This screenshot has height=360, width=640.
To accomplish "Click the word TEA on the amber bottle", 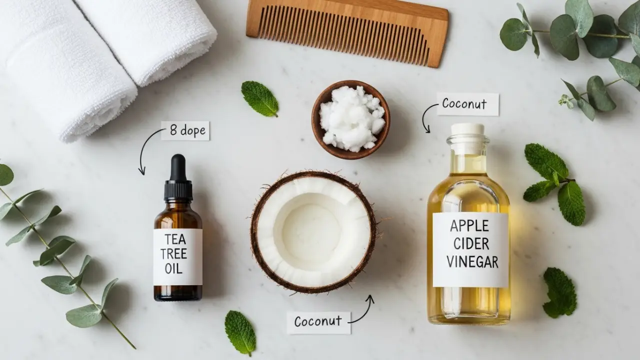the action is pyautogui.click(x=175, y=239).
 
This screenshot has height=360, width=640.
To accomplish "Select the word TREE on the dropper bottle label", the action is pyautogui.click(x=173, y=253).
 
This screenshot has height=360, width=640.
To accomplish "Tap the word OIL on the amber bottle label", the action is pyautogui.click(x=173, y=268).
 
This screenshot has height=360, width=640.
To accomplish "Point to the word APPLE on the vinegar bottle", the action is pyautogui.click(x=469, y=226).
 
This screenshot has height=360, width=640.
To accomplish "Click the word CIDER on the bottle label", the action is pyautogui.click(x=471, y=244).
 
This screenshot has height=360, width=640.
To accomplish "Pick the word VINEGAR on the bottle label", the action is pyautogui.click(x=472, y=262).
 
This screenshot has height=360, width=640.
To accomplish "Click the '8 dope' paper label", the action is pyautogui.click(x=185, y=130).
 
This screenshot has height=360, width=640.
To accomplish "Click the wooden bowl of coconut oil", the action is pyautogui.click(x=351, y=119).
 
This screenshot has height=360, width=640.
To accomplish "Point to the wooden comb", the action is pyautogui.click(x=347, y=33).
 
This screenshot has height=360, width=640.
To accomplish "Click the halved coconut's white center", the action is pyautogui.click(x=311, y=231).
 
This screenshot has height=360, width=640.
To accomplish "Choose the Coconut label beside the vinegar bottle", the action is pyautogui.click(x=468, y=104).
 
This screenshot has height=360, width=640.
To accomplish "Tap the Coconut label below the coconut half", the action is pyautogui.click(x=318, y=322).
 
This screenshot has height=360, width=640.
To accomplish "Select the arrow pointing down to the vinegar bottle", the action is pyautogui.click(x=425, y=115).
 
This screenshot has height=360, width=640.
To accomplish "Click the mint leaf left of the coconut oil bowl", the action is pyautogui.click(x=259, y=99).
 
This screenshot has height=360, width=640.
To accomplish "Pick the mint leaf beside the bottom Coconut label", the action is pyautogui.click(x=240, y=333).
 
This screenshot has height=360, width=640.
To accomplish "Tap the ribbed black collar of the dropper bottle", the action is pyautogui.click(x=178, y=190).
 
